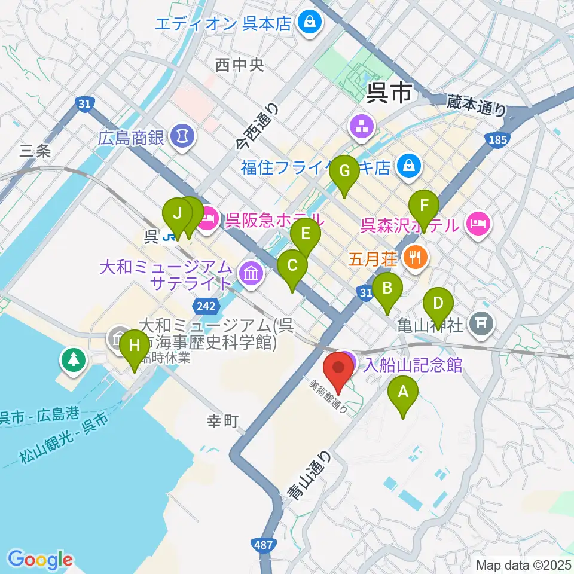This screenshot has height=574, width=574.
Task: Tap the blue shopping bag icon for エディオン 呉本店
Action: (311, 23)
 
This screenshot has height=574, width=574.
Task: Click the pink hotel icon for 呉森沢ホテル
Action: (478, 225)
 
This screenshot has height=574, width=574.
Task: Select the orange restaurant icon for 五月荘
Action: (414, 258)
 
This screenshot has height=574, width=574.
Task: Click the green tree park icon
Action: (72, 359)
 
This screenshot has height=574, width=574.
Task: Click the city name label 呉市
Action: (389, 93)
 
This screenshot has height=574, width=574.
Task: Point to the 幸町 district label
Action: (222, 422)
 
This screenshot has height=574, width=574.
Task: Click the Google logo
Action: (40, 559)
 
